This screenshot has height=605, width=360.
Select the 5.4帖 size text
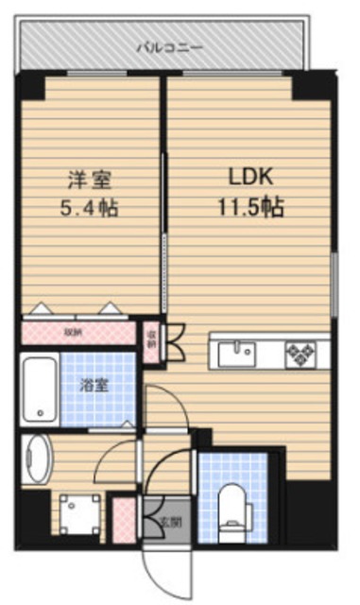click(x=91, y=207)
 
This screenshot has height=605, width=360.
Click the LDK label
click(x=249, y=177)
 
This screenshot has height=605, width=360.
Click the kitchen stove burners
click(x=302, y=354)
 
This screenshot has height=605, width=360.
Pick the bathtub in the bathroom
click(x=39, y=387)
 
